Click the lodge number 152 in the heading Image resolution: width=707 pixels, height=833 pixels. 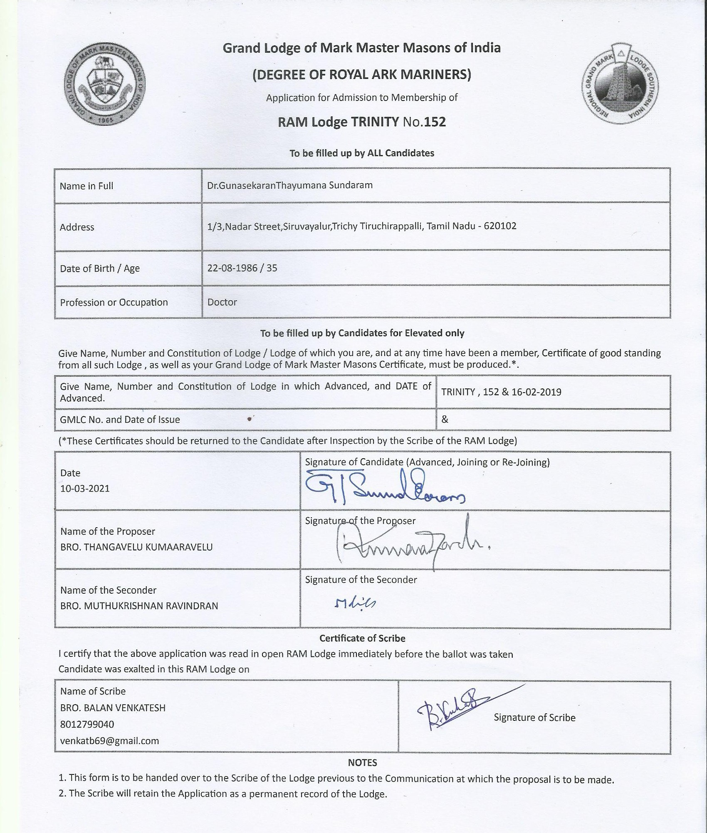point(435,122)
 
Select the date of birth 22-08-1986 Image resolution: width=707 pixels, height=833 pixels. point(232,268)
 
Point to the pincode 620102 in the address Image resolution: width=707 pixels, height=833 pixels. point(500,226)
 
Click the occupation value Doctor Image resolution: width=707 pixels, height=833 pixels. point(222,302)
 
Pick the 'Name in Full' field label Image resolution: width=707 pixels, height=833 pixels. point(87,186)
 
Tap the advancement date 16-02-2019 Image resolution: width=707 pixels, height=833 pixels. point(536,392)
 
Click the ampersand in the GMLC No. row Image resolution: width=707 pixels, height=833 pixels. point(445,419)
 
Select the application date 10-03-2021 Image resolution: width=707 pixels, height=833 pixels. point(85,488)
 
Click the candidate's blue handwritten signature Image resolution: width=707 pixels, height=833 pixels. point(385,487)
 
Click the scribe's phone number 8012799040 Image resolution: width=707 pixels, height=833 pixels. point(87,724)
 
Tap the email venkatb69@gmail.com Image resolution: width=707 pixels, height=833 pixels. point(109,740)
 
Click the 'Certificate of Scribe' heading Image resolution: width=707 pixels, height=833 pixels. point(362,638)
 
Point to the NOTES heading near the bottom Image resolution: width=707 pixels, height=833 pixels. point(362,762)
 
